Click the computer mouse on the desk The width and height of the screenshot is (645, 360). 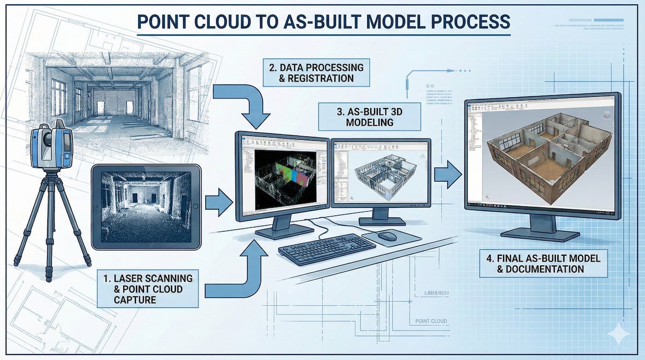pos(387,235)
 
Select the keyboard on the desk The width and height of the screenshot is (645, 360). pos(327,249)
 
